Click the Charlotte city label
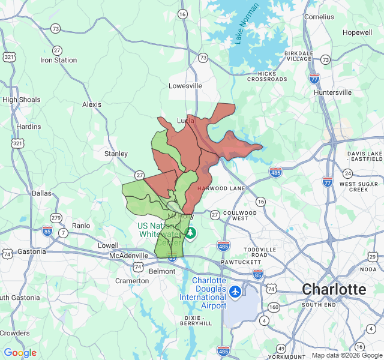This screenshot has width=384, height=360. coord(334,289)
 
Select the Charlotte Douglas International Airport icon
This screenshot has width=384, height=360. coord(235,292)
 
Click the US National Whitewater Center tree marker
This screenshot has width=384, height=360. coord(190,232)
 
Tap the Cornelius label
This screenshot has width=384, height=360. coord(319,17)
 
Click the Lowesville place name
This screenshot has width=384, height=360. coord(185,86)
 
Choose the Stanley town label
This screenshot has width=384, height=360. coord(116,154)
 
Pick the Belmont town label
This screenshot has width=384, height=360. coord(162,271)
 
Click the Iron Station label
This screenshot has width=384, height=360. coord(58,60)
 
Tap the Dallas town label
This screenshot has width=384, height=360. coord(41,193)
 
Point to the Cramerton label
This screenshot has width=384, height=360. coord(132,281)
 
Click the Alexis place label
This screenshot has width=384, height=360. coord(92,104)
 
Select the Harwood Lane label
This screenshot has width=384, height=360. coord(221,188)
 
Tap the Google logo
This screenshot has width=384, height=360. coord(20,353)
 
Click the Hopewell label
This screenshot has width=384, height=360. coord(358,32)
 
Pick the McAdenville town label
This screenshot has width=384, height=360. coord(128,256)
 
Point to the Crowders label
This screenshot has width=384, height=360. coord(14,333)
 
